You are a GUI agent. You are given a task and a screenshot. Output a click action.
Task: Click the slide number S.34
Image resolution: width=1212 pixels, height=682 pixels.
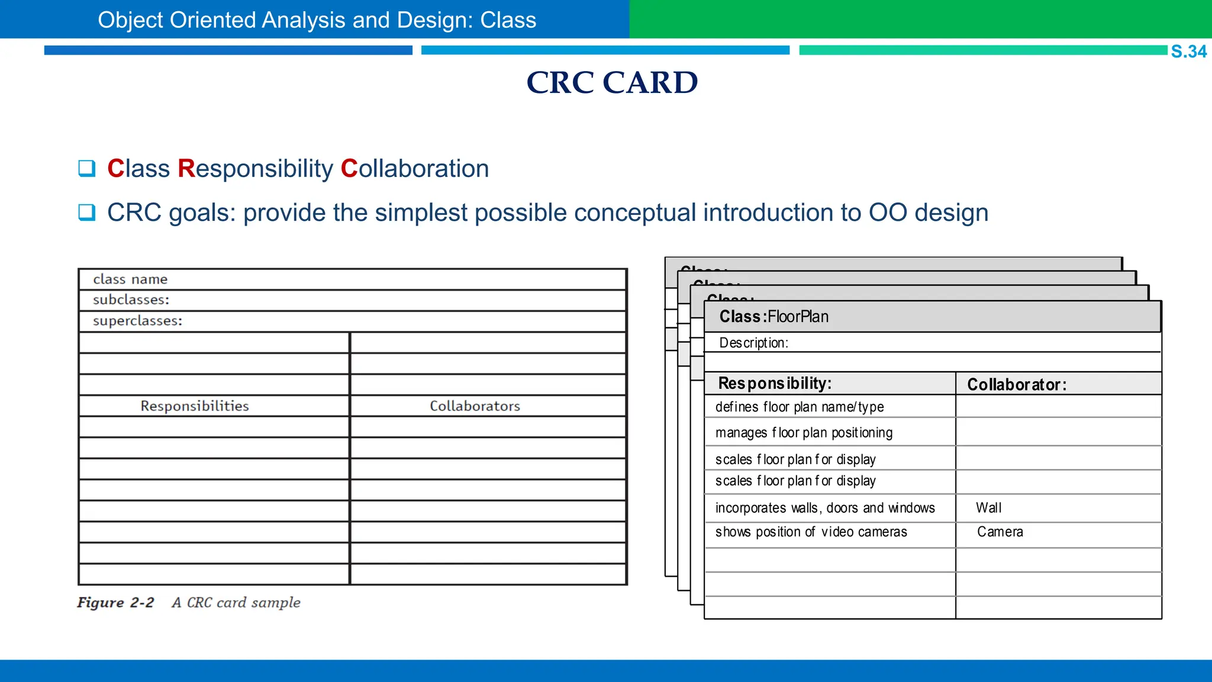tap(1188, 52)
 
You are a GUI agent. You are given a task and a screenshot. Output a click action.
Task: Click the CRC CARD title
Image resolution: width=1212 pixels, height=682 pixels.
tap(612, 82)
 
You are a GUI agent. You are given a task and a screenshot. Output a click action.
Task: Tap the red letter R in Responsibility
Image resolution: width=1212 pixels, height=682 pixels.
tap(186, 169)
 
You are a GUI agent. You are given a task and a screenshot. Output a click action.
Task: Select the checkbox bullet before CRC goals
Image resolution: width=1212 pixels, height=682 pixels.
tap(87, 212)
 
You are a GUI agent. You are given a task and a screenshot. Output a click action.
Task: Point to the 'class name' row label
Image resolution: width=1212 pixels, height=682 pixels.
tap(130, 279)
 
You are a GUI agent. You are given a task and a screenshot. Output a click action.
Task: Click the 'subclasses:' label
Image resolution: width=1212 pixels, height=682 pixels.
tap(131, 300)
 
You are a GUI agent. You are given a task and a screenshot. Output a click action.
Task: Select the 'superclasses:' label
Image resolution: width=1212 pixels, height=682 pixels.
tap(137, 321)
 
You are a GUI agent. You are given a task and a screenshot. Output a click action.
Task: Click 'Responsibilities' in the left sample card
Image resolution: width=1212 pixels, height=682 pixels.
tap(194, 406)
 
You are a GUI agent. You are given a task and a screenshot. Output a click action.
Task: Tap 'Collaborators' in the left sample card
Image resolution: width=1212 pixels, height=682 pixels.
tap(475, 406)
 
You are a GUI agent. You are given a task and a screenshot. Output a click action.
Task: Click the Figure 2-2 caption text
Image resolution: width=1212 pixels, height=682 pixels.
tap(189, 603)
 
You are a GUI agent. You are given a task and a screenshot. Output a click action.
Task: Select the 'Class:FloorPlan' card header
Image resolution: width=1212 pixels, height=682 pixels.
tap(773, 317)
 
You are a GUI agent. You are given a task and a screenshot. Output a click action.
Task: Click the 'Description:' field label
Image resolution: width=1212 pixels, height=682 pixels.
tap(753, 343)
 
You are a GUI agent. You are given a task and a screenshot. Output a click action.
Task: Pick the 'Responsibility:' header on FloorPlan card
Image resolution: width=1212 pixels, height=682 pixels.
tap(775, 384)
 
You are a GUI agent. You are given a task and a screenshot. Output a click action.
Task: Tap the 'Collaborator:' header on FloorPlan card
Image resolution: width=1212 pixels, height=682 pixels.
tap(1016, 385)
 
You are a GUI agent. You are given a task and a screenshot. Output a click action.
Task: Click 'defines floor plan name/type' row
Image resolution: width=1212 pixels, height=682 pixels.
tap(799, 407)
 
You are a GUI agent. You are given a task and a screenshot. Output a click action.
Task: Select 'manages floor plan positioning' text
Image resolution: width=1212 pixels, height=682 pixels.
tap(804, 433)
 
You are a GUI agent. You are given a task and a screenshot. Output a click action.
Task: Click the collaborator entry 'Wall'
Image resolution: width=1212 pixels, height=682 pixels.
tap(988, 508)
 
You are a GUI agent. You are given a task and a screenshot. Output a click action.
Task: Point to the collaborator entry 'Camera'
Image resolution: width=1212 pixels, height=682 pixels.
tap(1000, 532)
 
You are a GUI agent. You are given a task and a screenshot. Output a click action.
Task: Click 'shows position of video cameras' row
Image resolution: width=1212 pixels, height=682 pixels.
tap(811, 532)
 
